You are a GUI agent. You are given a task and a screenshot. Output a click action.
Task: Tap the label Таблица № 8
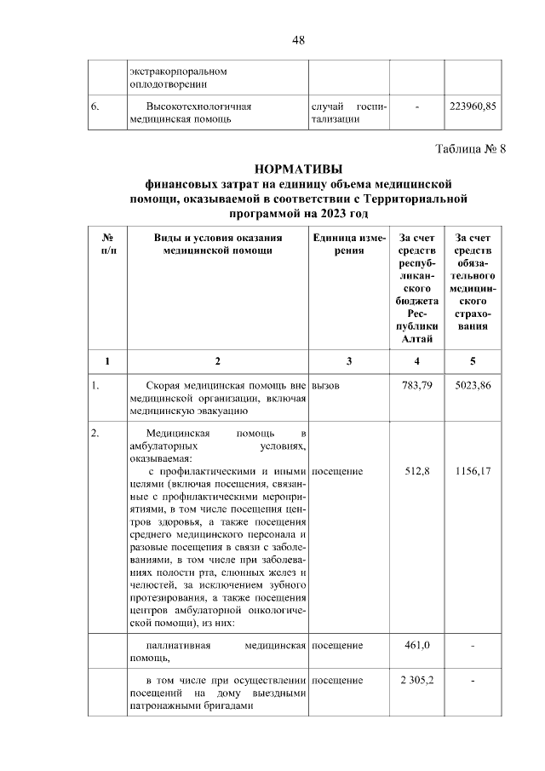(x=470, y=149)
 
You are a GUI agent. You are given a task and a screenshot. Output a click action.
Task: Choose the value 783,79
(x=417, y=385)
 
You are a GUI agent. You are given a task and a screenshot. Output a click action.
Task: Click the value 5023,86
(x=473, y=385)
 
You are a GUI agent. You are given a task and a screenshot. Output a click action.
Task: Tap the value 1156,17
(x=473, y=471)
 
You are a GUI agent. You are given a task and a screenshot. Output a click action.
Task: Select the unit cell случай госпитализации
(x=349, y=113)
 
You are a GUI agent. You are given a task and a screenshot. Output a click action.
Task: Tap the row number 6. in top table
(x=97, y=106)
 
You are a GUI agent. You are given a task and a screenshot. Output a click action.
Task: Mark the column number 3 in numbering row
(x=349, y=360)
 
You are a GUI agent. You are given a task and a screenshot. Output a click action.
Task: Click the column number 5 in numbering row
(x=473, y=360)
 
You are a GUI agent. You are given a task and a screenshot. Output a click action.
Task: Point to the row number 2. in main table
(x=97, y=434)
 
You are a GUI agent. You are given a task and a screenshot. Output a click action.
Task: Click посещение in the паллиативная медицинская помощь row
(x=338, y=645)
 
